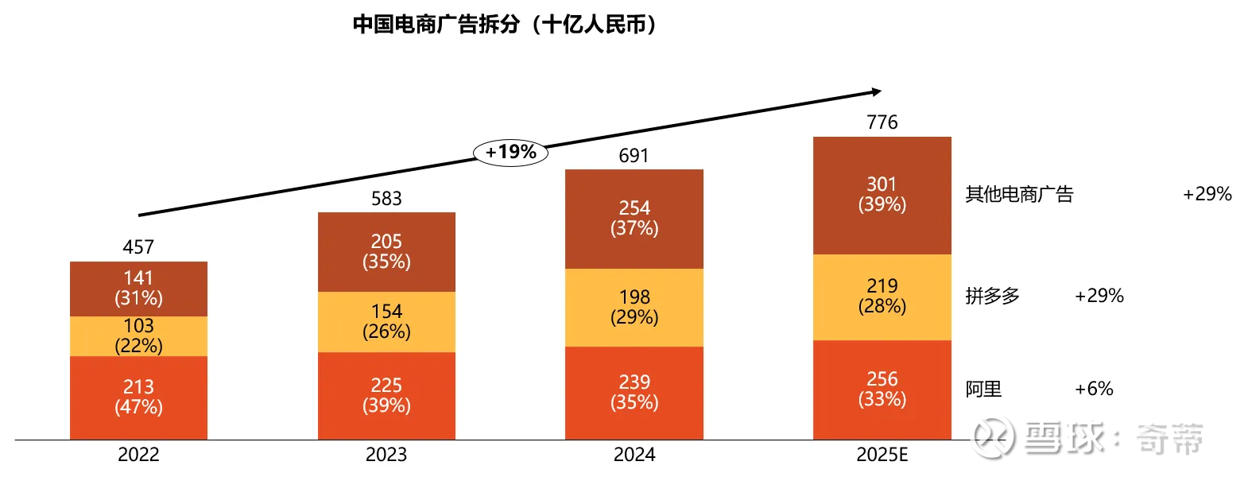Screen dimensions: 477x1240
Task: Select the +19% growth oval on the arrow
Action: tap(511, 152)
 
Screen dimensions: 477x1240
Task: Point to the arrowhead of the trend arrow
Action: tap(876, 91)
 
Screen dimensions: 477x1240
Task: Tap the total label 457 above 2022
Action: tap(138, 247)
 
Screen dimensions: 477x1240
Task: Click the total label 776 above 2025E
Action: tap(882, 122)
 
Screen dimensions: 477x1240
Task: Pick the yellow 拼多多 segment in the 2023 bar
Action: tap(386, 321)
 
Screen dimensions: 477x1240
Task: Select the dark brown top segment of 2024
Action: tap(634, 219)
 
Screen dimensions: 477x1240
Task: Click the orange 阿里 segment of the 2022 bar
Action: tap(138, 397)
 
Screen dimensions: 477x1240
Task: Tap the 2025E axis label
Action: tap(882, 456)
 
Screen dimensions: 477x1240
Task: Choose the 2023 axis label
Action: tap(386, 456)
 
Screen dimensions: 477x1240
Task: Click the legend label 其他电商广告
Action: tap(1019, 195)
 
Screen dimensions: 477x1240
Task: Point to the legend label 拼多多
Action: tap(992, 297)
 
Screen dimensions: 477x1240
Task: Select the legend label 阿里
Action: tap(983, 390)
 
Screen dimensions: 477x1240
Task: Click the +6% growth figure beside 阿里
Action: tap(1094, 390)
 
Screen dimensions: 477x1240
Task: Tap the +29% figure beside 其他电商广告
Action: tap(1207, 195)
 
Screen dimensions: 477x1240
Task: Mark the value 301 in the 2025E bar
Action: tap(882, 185)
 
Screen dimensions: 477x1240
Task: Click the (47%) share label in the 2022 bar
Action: tap(138, 407)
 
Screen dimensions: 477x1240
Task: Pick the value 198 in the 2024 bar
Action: tap(634, 297)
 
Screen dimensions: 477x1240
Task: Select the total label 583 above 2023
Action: tap(386, 199)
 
